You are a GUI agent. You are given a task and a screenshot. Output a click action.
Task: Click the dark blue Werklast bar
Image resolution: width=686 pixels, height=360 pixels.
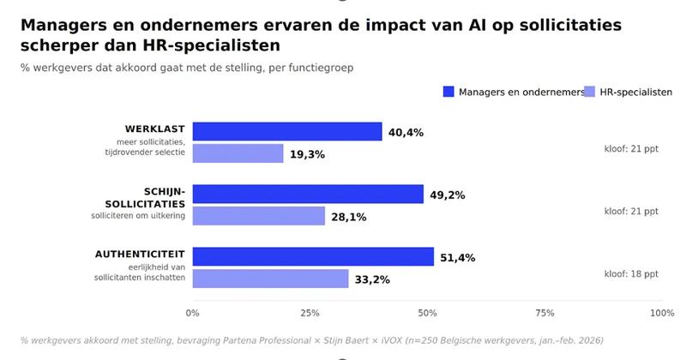point(287,131)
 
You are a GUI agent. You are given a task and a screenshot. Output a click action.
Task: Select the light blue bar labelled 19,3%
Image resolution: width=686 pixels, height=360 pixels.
point(238,153)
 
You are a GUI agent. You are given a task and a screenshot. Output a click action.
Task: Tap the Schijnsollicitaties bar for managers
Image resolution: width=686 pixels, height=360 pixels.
point(308,194)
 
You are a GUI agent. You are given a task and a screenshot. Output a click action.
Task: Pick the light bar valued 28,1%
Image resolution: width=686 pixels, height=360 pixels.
point(259,216)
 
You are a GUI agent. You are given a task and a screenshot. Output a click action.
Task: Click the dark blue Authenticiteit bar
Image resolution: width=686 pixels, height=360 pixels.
point(313,256)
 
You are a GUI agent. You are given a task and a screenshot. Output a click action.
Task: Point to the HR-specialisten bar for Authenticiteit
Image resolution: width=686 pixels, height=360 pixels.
point(270,279)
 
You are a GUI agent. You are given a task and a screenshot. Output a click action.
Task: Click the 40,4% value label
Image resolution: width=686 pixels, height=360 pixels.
point(406,133)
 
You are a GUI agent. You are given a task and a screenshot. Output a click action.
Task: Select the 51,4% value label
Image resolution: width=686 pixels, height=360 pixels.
point(458,258)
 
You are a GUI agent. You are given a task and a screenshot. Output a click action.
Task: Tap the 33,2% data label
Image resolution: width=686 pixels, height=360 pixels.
point(372,280)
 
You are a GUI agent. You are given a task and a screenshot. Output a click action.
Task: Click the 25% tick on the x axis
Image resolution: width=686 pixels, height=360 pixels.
point(310,313)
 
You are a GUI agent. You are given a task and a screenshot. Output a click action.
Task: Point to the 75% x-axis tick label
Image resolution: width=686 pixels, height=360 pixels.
point(545,313)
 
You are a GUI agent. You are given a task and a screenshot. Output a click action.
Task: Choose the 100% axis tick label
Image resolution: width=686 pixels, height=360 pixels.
point(662,313)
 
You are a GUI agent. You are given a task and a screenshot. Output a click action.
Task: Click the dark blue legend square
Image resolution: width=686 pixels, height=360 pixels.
point(448,92)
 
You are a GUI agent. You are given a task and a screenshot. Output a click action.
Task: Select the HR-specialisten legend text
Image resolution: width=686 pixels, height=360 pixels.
point(636,93)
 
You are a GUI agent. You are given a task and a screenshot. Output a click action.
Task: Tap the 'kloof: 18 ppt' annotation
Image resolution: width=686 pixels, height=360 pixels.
point(631,274)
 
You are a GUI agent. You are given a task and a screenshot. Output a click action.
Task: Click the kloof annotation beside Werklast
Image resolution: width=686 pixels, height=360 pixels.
point(631,149)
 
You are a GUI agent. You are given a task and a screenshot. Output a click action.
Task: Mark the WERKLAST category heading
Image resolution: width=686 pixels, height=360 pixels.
point(155,129)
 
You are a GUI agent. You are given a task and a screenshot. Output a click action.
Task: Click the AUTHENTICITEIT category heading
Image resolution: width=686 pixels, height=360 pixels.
point(140,255)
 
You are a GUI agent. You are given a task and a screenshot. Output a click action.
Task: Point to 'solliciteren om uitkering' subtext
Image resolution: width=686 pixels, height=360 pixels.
point(138,216)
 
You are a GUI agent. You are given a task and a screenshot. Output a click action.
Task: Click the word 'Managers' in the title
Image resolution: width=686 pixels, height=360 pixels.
point(63,26)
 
